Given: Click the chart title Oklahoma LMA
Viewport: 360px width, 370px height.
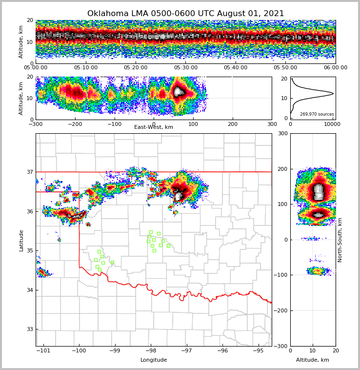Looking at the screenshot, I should [185, 14].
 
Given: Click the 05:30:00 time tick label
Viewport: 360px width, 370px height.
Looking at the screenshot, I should [186, 68].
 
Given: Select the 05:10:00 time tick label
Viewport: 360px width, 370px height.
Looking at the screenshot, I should [86, 68].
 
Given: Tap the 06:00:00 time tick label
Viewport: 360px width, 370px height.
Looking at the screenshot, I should [335, 68].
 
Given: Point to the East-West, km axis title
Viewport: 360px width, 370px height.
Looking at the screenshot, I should [154, 127].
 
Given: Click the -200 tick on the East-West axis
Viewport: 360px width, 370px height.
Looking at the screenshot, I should [75, 124].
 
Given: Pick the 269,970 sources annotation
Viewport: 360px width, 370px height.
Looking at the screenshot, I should [317, 114].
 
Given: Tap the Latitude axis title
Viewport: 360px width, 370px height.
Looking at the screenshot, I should [21, 240].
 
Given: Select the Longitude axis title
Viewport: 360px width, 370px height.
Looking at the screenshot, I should [154, 360].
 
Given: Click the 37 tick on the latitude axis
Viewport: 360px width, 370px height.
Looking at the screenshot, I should [30, 172].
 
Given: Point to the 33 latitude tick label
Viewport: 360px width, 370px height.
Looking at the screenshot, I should [30, 329].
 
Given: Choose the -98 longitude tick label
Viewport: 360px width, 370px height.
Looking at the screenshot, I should [151, 350].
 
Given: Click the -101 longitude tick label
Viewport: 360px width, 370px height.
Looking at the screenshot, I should [43, 350].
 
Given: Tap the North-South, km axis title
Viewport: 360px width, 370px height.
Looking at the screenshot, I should [340, 240].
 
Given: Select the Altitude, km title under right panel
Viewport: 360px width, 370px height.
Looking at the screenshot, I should [313, 360].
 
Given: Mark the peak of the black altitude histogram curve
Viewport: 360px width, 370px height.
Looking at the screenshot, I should [333, 93].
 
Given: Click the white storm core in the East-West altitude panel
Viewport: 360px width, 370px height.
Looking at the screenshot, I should [179, 91].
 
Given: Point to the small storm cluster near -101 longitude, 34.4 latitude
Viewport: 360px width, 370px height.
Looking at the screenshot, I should [43, 272].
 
